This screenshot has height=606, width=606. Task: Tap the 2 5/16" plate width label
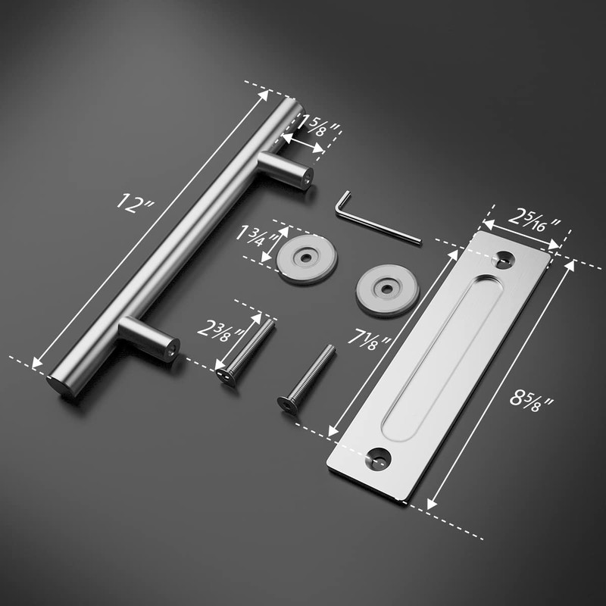coord(534,220)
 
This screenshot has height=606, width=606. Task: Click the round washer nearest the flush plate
coord(386,289)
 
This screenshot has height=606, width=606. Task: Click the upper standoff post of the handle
coord(286,170)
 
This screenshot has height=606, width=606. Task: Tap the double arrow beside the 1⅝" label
coord(302,139)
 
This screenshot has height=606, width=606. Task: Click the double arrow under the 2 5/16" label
coord(522,234)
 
